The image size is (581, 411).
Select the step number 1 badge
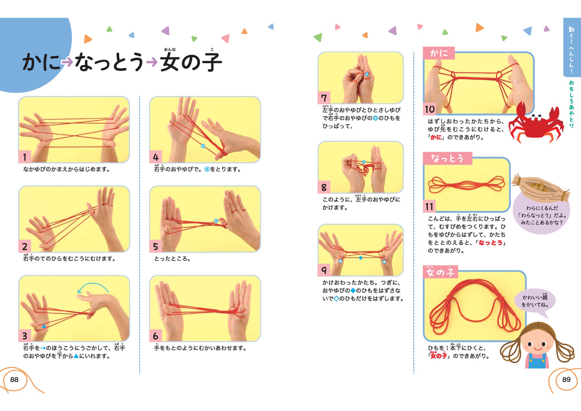click(25, 157)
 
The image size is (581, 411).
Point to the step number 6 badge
click(156, 336)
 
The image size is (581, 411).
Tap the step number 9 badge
click(324, 270)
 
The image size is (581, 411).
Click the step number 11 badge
click(429, 207)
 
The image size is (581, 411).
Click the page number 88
click(14, 379)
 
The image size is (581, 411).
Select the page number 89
click(566, 379)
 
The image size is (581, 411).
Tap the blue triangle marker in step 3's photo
click(44, 326)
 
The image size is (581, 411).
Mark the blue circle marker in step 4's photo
click(203, 146)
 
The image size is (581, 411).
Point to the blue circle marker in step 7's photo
click(367, 74)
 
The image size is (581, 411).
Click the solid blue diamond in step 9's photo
click(361, 258)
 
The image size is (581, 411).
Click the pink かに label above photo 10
click(439, 53)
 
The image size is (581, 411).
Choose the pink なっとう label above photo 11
click(447, 158)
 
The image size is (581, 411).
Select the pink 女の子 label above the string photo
click(440, 272)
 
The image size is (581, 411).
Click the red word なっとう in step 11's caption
click(491, 243)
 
